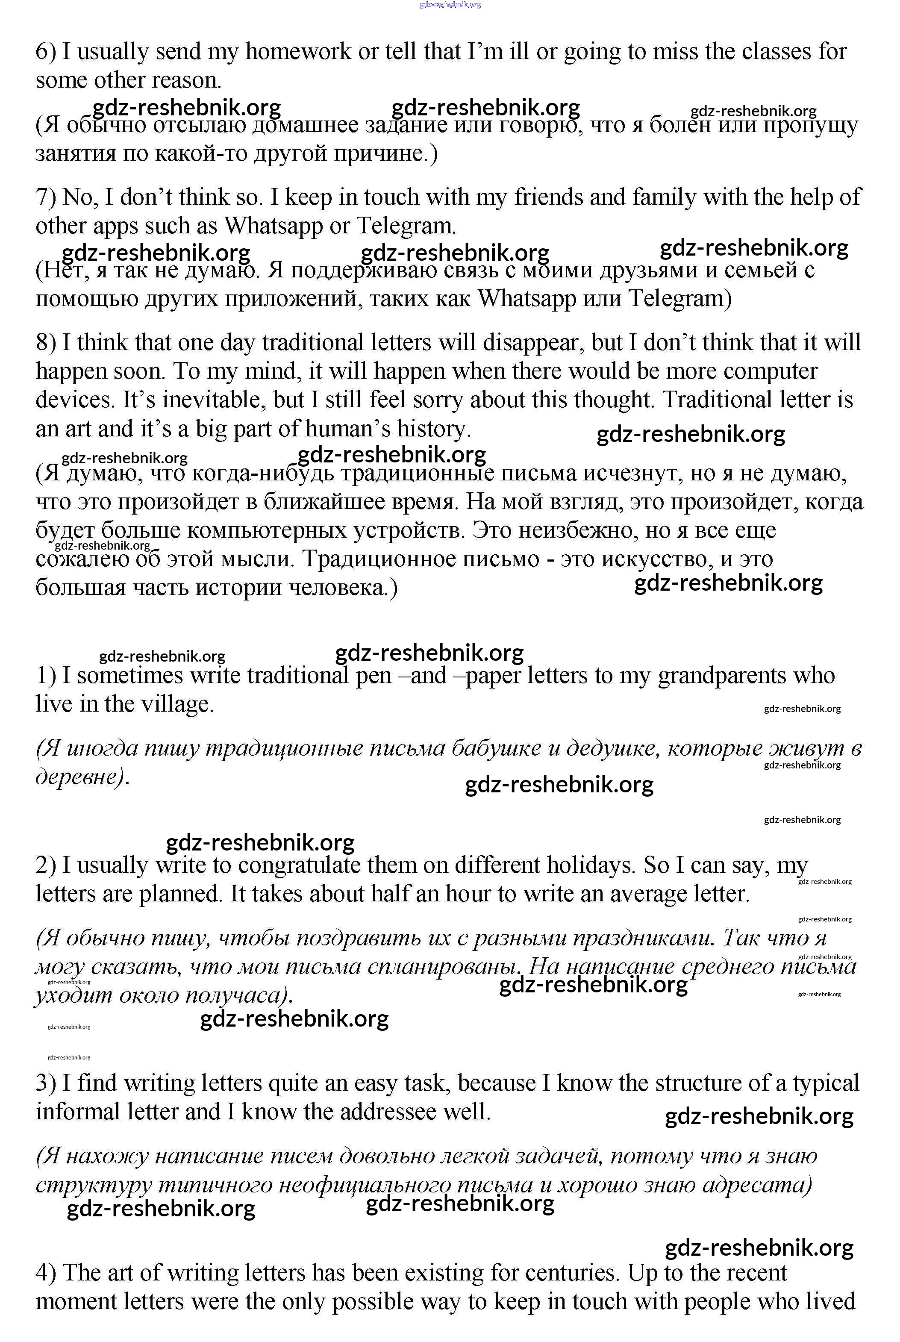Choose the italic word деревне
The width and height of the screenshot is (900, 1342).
point(80,777)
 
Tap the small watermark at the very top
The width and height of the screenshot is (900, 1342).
point(450,5)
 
